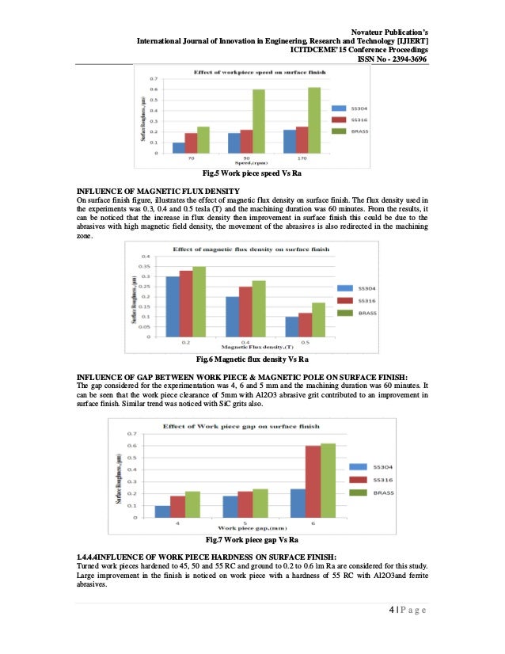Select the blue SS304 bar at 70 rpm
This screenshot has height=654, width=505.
pos(178,148)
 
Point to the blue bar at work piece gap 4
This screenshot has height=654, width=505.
pos(162,511)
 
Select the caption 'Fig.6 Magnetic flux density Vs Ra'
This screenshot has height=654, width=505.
pos(252,361)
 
